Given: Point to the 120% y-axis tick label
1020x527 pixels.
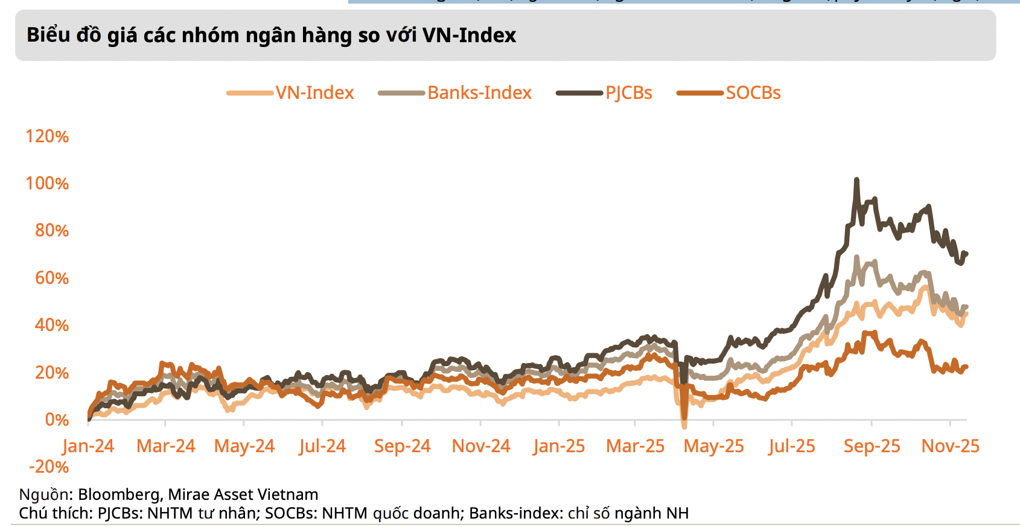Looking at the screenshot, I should (47, 136).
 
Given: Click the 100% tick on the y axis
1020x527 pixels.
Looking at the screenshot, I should (47, 183).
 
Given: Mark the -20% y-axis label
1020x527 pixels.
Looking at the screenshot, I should (49, 467).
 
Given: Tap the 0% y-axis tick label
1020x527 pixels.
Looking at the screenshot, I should (57, 420).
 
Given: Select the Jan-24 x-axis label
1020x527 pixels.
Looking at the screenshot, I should (88, 446).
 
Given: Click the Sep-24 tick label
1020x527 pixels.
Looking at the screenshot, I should (402, 446).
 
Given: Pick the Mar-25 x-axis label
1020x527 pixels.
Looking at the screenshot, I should (635, 446).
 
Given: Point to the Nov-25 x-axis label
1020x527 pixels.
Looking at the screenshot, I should (950, 446).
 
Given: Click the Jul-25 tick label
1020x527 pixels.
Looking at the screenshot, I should (791, 446).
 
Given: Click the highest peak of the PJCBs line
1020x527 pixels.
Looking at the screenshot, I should (856, 180).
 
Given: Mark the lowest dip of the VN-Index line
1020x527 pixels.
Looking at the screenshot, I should (684, 426).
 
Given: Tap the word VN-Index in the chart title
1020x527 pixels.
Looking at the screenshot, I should (469, 36).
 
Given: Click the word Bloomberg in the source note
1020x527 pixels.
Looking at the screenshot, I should (118, 495).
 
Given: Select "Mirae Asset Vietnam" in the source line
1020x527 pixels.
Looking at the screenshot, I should (243, 495).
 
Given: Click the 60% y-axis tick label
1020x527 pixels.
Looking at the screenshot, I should (51, 278).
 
